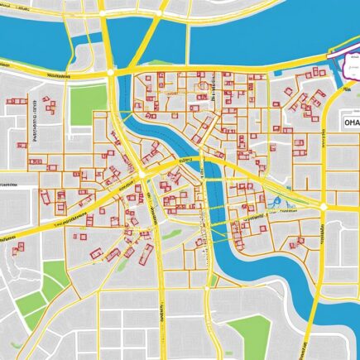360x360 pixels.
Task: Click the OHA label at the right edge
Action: pyautogui.click(x=344, y=122)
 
